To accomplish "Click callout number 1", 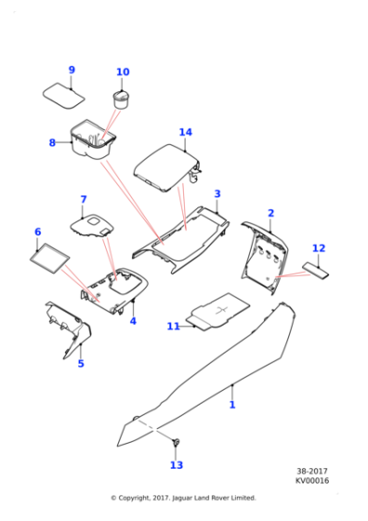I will pyautogui.click(x=232, y=405).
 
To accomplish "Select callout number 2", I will pyautogui.click(x=270, y=213).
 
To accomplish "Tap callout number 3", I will pyautogui.click(x=217, y=194).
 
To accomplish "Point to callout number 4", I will pyautogui.click(x=133, y=321).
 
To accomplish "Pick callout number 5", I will pyautogui.click(x=81, y=364).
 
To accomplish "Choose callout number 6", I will pyautogui.click(x=38, y=232).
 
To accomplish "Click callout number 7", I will pyautogui.click(x=83, y=199).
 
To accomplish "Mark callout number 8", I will pyautogui.click(x=53, y=142).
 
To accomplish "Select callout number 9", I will pyautogui.click(x=72, y=70).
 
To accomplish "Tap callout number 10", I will pyautogui.click(x=123, y=73).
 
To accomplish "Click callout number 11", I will pyautogui.click(x=173, y=327).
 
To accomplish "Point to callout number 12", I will pyautogui.click(x=319, y=248).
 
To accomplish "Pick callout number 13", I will pyautogui.click(x=177, y=465).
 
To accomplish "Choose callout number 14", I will pyautogui.click(x=185, y=132).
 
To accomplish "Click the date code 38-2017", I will pyautogui.click(x=312, y=471).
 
